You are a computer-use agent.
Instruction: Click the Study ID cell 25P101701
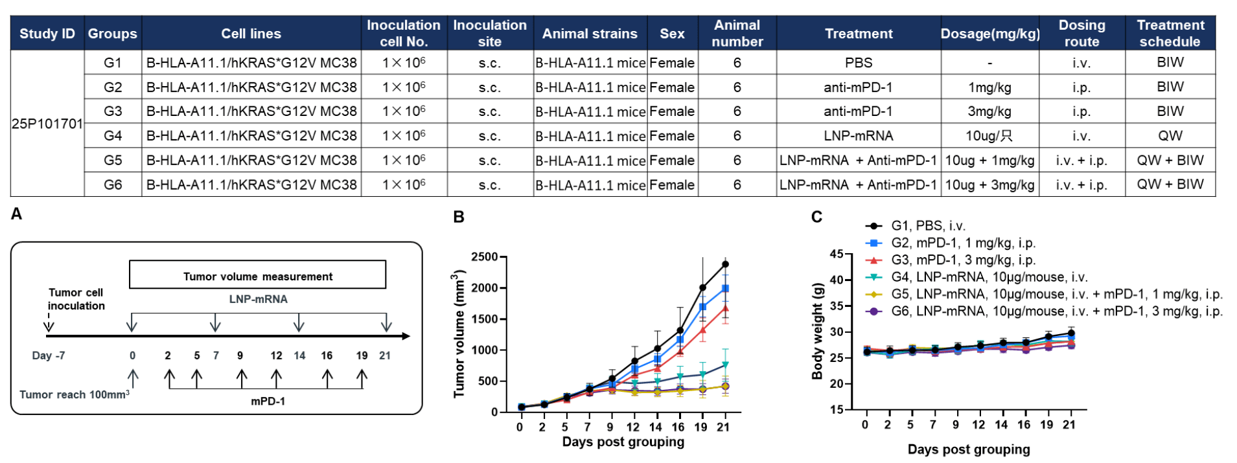pyautogui.click(x=47, y=124)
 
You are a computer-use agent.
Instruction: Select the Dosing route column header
pyautogui.click(x=1081, y=33)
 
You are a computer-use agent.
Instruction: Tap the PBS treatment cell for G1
pyautogui.click(x=859, y=63)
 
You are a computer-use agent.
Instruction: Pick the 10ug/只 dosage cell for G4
pyautogui.click(x=989, y=136)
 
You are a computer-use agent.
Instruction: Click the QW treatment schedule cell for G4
pyautogui.click(x=1170, y=136)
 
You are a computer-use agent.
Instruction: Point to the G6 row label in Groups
pyautogui.click(x=113, y=185)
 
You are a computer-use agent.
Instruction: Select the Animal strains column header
pyautogui.click(x=590, y=34)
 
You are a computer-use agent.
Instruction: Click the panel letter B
pyautogui.click(x=459, y=217)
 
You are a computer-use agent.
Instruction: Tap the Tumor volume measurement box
pyautogui.click(x=258, y=275)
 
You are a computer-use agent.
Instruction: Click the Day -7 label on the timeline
pyautogui.click(x=49, y=356)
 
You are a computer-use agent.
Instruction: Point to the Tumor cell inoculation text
pyautogui.click(x=76, y=299)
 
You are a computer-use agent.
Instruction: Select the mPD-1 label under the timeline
pyautogui.click(x=268, y=401)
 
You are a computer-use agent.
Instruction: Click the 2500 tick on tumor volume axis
pyautogui.click(x=484, y=257)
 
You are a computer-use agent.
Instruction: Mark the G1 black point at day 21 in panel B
pyautogui.click(x=725, y=264)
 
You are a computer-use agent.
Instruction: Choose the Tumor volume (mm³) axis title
pyautogui.click(x=459, y=333)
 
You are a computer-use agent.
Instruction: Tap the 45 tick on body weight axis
pyautogui.click(x=836, y=254)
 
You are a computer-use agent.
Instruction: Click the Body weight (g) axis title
pyautogui.click(x=818, y=331)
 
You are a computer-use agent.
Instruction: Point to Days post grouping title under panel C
pyautogui.click(x=968, y=449)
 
